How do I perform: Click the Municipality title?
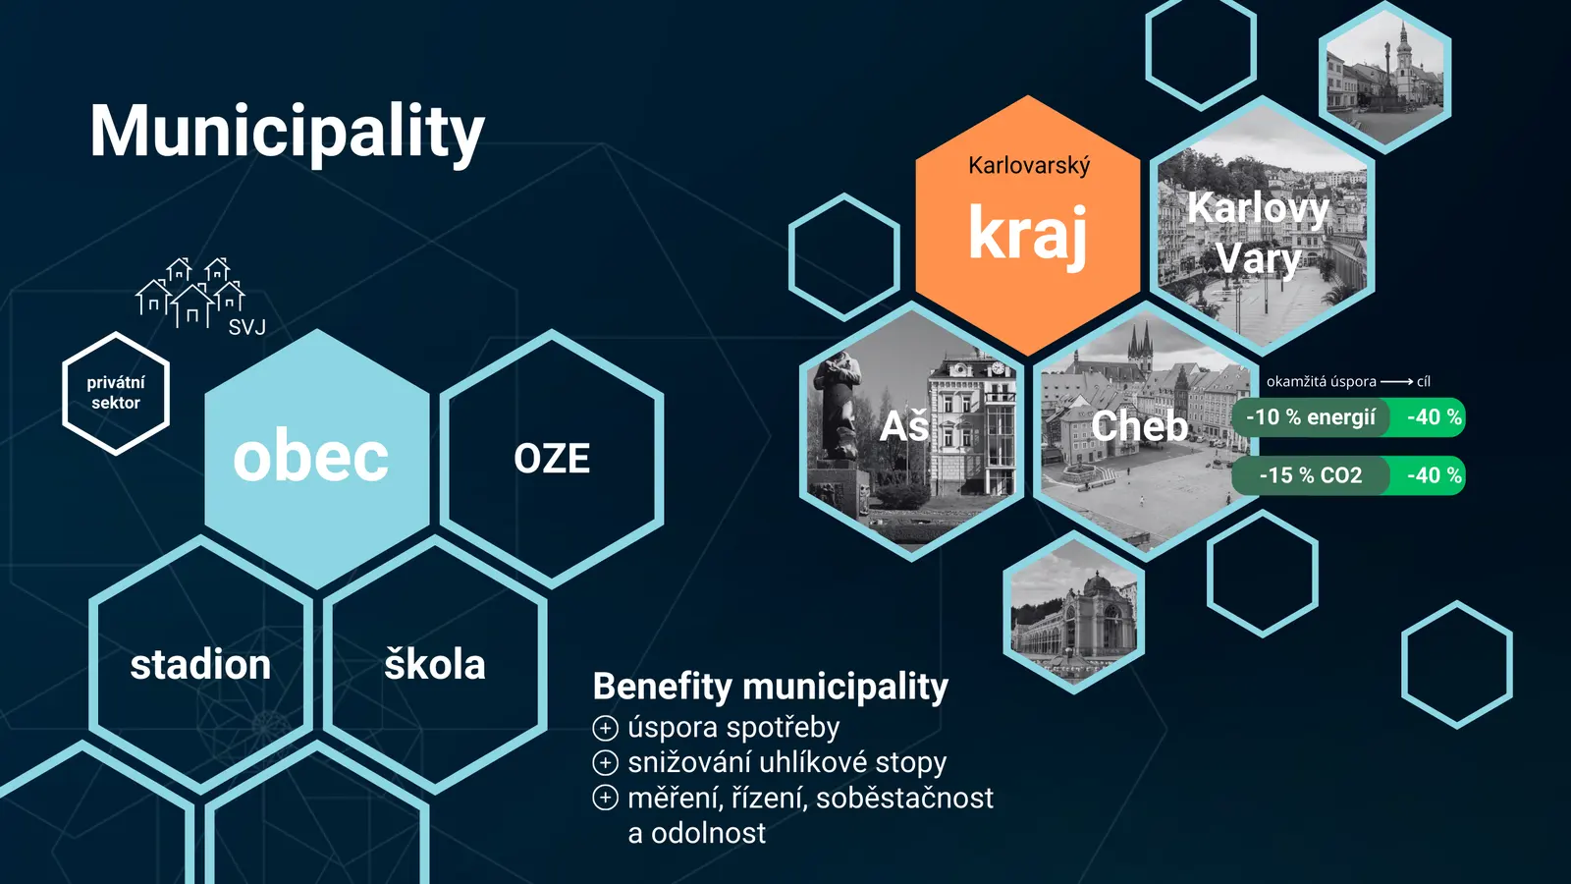click(x=288, y=133)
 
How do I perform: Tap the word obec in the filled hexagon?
click(x=310, y=458)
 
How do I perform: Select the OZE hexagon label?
click(x=552, y=459)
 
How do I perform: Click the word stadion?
click(x=200, y=664)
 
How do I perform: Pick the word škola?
click(x=435, y=664)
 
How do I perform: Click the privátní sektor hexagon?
click(x=116, y=393)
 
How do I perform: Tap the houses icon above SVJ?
click(x=190, y=293)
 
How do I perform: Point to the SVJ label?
click(x=246, y=327)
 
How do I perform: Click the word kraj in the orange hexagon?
click(x=1028, y=234)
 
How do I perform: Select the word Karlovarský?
click(x=1029, y=166)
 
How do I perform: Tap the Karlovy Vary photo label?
click(x=1258, y=233)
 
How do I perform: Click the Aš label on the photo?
click(x=904, y=426)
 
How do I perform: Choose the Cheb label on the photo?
click(x=1140, y=426)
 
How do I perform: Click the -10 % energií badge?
click(x=1310, y=417)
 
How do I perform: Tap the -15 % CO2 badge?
click(x=1310, y=475)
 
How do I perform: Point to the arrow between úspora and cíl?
click(x=1396, y=382)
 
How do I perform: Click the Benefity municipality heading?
click(x=770, y=687)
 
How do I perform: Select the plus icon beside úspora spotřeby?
click(x=605, y=728)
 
